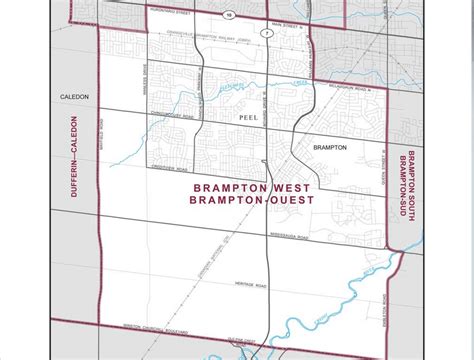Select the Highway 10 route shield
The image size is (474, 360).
229,15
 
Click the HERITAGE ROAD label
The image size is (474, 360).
241,284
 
